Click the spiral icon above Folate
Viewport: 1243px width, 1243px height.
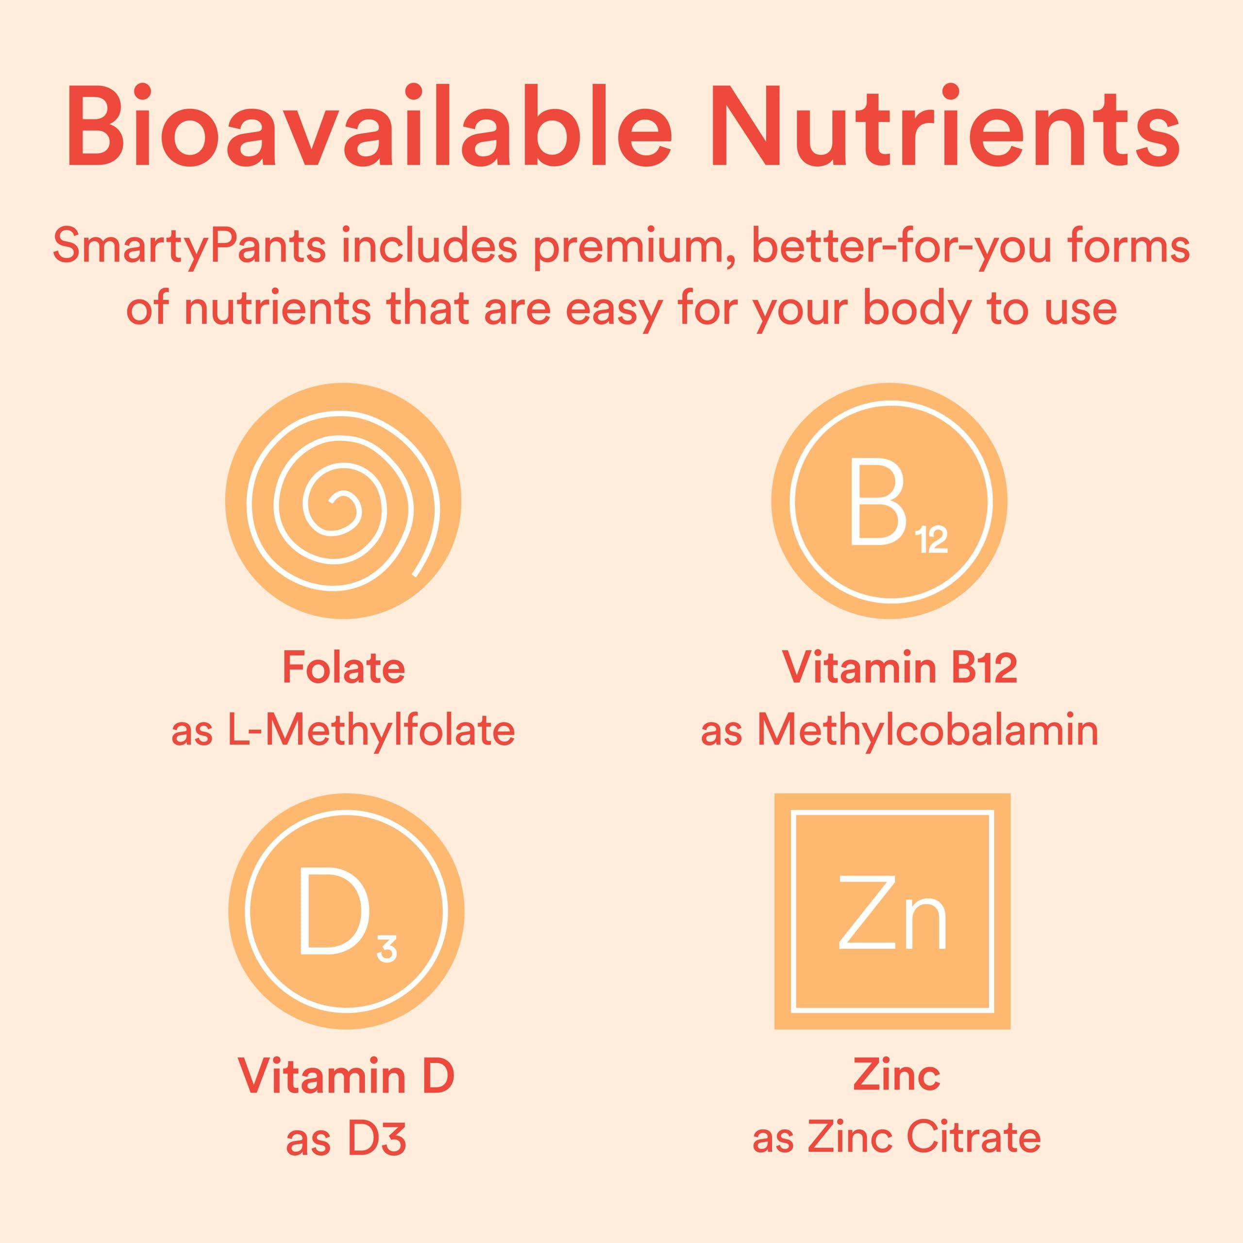[343, 501]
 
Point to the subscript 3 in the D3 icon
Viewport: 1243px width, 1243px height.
[386, 949]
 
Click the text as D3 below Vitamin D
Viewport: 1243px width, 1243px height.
[346, 1139]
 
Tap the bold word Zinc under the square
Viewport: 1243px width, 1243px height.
[896, 1075]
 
